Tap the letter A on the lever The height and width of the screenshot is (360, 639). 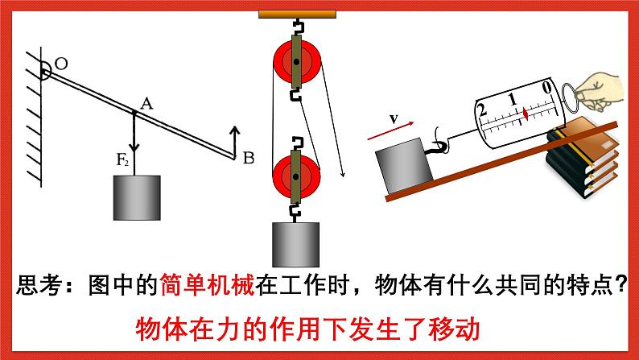(146, 102)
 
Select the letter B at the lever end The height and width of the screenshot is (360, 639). (248, 158)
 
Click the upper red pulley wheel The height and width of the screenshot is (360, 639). (297, 63)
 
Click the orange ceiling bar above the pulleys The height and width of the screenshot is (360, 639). (296, 13)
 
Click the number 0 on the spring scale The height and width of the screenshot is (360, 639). (547, 86)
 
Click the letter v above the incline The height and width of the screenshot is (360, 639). (394, 118)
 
